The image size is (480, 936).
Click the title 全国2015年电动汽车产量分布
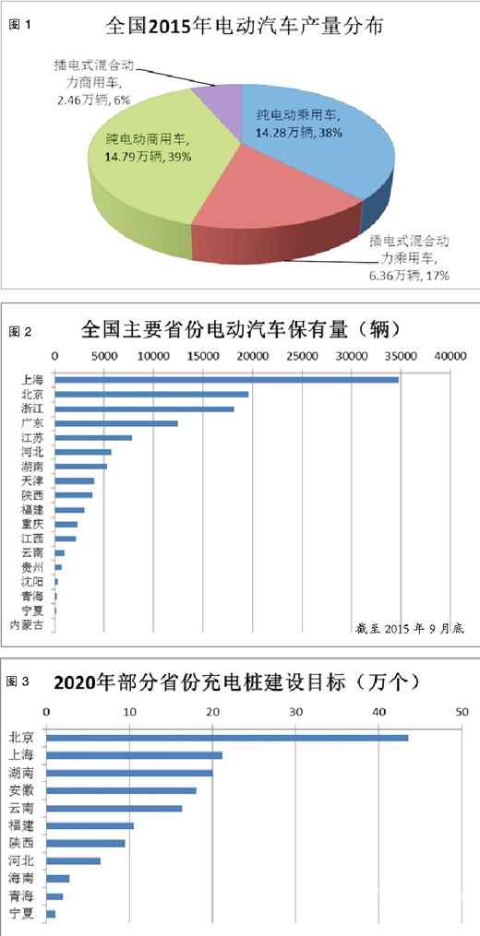pyautogui.click(x=245, y=27)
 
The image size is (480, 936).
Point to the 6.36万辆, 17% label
pyautogui.click(x=407, y=276)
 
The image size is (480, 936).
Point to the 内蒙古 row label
pyautogui.click(x=28, y=626)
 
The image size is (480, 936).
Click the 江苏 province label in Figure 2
pyautogui.click(x=31, y=438)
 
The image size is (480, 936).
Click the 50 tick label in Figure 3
pyautogui.click(x=462, y=686)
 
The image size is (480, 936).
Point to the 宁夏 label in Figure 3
pyautogui.click(x=21, y=914)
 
